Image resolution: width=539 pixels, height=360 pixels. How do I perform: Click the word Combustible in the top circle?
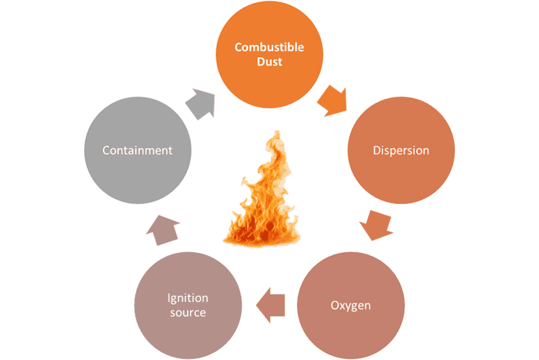click(269, 48)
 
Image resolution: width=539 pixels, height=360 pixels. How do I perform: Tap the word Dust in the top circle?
click(269, 62)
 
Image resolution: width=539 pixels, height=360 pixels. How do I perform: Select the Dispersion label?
click(400, 151)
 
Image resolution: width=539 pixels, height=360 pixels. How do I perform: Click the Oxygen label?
click(351, 305)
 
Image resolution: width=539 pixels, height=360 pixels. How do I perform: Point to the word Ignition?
click(188, 298)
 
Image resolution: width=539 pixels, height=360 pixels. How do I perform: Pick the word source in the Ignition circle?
click(188, 313)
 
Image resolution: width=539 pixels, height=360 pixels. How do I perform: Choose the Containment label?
click(138, 151)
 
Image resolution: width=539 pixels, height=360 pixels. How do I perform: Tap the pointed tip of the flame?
click(274, 132)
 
